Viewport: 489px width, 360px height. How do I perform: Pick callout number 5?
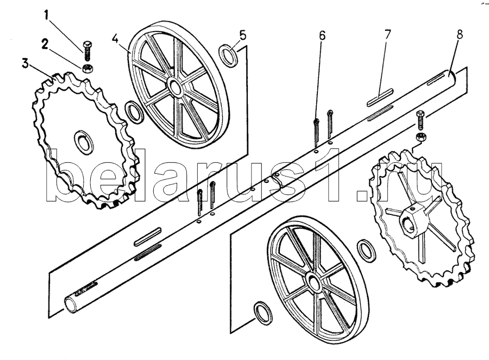242,35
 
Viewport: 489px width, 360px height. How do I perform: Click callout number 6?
322,36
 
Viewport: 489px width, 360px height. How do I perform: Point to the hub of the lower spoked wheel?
313,280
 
